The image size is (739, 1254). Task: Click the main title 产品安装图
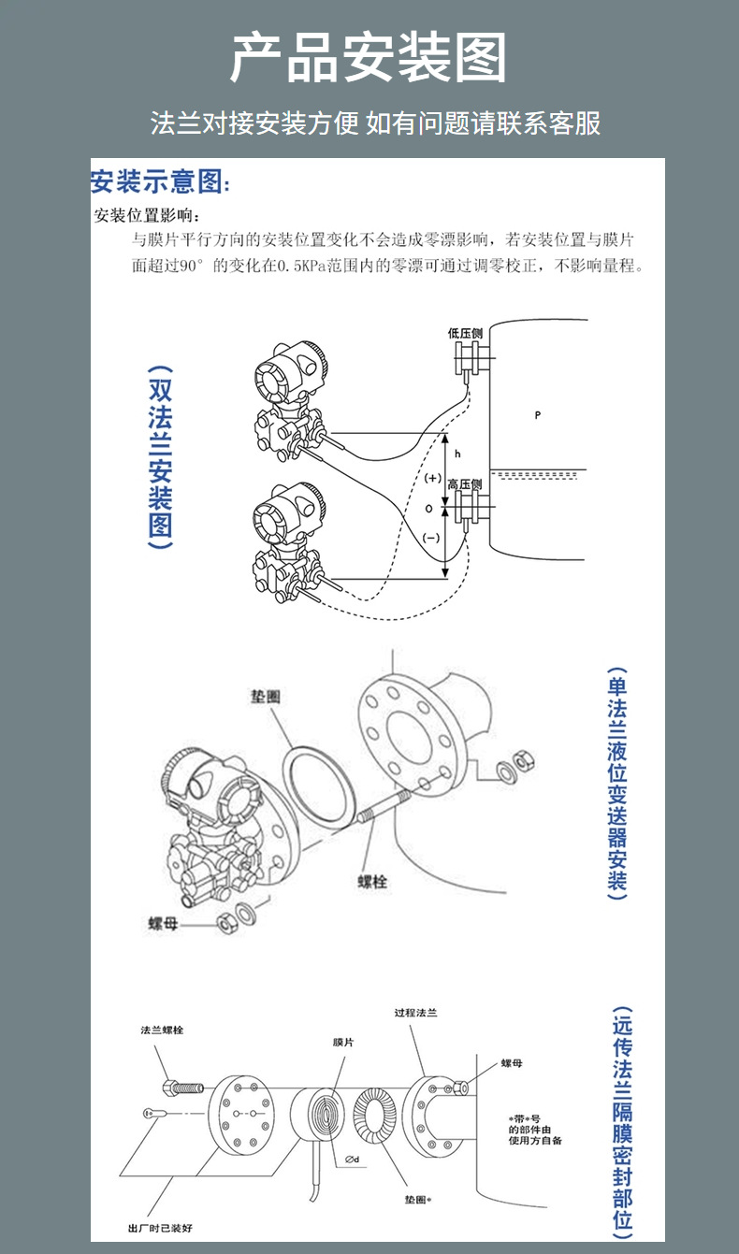(369, 58)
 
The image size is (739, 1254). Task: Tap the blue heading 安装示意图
(159, 180)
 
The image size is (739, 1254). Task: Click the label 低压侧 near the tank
(465, 333)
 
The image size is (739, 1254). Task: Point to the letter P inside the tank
(538, 414)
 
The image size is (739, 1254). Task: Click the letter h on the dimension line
(457, 454)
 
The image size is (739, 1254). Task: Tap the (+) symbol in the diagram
(431, 478)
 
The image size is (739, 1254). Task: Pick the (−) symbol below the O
(430, 538)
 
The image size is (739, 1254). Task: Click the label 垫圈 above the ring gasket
(265, 697)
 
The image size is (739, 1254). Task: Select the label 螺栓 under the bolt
(372, 882)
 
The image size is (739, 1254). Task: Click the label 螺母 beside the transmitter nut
(163, 923)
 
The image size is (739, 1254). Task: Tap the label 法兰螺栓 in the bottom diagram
(162, 1030)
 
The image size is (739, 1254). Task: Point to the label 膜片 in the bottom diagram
(343, 1042)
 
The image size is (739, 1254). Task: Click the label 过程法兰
(415, 1013)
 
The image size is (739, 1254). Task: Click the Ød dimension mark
(353, 1160)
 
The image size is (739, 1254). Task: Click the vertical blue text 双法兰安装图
(160, 456)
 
